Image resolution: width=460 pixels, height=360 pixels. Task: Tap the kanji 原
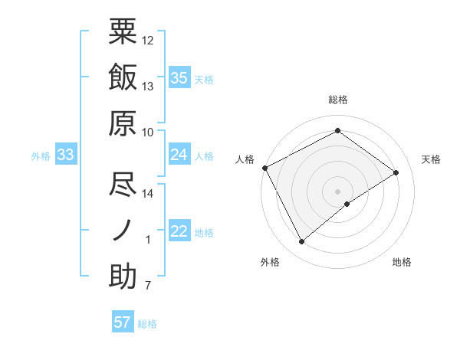[123, 122]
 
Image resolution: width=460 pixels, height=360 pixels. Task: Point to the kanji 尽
[123, 184]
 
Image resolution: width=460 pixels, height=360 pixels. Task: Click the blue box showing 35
[179, 77]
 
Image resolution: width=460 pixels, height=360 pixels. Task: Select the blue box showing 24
[179, 155]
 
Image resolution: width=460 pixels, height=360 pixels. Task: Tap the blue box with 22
[179, 232]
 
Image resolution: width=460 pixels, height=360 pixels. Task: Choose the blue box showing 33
[66, 155]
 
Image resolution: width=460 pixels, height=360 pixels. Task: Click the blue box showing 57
[123, 322]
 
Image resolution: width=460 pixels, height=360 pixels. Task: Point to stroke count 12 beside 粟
[148, 40]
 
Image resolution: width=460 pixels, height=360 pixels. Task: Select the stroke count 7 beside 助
[148, 286]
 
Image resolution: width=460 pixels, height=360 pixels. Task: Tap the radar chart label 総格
[337, 100]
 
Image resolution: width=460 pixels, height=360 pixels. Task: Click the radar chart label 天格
[431, 159]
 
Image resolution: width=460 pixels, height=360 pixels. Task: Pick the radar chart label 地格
[402, 262]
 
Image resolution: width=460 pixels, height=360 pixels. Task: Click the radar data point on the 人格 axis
[264, 167]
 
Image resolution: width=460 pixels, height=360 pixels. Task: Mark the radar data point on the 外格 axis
[301, 242]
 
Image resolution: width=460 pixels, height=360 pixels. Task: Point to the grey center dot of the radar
[337, 190]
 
